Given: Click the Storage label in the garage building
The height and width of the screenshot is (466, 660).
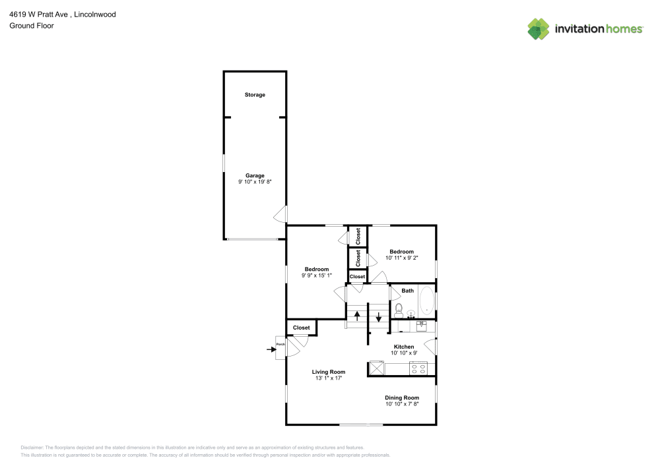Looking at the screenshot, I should point(255,95).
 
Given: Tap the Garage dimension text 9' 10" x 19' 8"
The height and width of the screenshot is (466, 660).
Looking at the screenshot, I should point(255,181).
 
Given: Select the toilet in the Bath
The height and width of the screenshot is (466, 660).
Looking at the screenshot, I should point(399,310).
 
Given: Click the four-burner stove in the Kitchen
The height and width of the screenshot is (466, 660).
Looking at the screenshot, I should point(418,368).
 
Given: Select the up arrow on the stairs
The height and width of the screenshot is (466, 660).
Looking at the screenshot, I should point(357,316).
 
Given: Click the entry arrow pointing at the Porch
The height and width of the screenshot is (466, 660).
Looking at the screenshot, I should point(271,350).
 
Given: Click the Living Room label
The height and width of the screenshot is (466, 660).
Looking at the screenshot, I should point(329,372).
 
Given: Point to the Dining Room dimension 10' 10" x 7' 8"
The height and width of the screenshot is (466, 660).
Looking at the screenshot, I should point(402,404).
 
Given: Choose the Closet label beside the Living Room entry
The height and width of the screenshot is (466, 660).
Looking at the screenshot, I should point(302,328).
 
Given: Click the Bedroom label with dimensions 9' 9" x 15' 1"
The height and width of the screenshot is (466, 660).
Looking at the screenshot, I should point(317,269).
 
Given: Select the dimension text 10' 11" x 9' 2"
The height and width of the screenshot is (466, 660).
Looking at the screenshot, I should point(401,258).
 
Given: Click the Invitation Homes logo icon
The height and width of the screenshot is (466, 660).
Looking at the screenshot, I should point(539,28).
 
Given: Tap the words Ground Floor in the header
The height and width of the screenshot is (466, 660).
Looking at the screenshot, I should point(32,26).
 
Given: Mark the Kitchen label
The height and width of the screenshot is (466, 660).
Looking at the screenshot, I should point(404,347).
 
